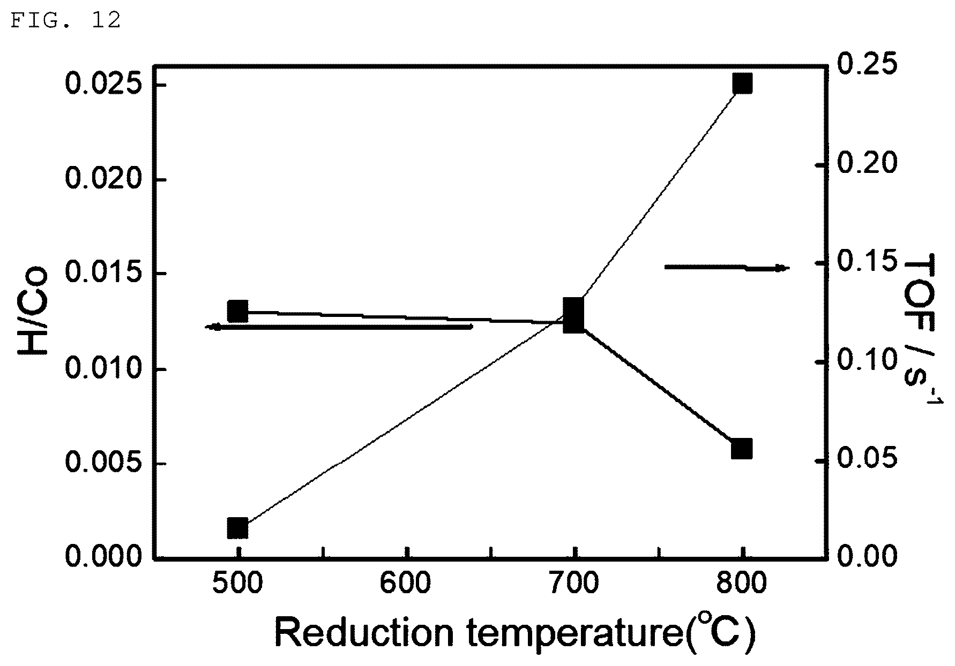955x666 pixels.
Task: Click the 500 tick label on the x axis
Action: [x=237, y=584]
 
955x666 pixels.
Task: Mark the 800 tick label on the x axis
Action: [x=743, y=584]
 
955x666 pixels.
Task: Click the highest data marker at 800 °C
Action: [x=742, y=84]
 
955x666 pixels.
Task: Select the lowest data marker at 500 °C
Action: [x=237, y=528]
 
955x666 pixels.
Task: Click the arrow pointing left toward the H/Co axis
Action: [x=339, y=327]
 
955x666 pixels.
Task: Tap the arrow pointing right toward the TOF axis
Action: [x=727, y=267]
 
